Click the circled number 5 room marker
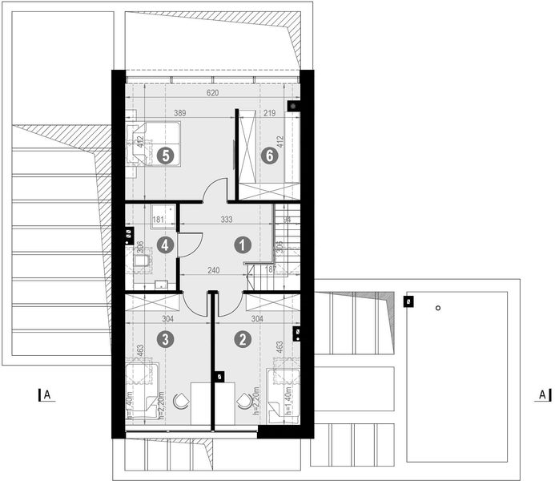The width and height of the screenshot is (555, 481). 166,156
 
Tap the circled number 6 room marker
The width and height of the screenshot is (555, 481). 270,156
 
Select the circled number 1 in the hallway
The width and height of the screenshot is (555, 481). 239,245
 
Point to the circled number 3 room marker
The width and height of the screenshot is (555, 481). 165,339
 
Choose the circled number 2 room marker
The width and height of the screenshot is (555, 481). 241,339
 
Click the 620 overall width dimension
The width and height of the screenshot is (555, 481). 211,94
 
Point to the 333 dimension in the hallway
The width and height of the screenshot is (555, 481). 227,219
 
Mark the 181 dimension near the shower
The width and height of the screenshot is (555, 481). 159,219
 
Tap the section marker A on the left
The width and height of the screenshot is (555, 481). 46,394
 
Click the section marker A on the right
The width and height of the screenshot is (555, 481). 541,394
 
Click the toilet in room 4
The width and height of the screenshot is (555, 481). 140,262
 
